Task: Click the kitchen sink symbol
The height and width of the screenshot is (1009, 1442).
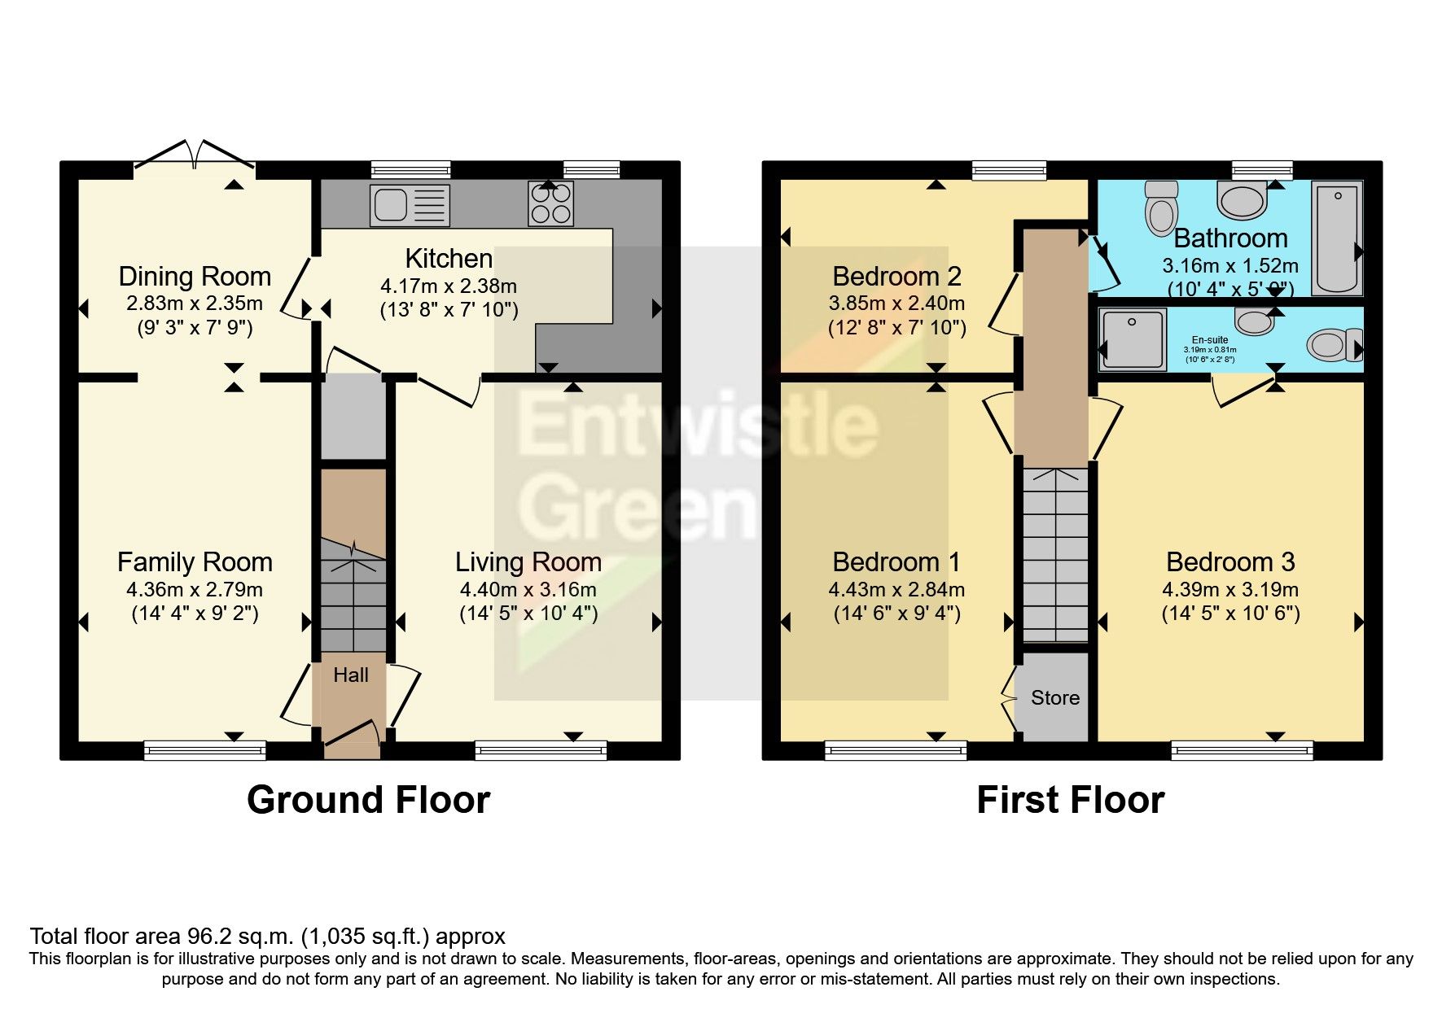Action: (x=409, y=204)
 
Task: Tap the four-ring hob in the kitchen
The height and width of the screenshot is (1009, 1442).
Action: (x=551, y=203)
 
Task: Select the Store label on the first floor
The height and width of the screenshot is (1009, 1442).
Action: (x=1055, y=698)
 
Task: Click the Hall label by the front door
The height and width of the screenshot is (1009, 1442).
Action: (x=351, y=675)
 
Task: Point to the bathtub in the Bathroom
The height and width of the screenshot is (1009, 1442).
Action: (x=1336, y=238)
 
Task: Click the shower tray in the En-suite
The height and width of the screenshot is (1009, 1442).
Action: (x=1132, y=339)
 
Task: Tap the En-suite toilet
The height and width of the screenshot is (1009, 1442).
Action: (x=1334, y=344)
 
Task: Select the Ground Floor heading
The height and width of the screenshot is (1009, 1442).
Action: (x=368, y=800)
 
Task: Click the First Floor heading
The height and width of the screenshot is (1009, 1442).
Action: (x=1070, y=800)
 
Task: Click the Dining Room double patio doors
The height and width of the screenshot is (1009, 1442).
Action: (x=195, y=155)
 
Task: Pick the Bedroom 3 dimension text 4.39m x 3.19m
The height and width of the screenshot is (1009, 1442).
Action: (x=1230, y=590)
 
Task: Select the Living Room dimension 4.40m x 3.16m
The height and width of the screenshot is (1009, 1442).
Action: (x=528, y=590)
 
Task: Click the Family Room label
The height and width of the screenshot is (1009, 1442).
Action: (x=195, y=562)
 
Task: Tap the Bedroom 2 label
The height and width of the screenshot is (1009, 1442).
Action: (x=896, y=277)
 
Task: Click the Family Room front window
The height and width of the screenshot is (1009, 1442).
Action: (x=204, y=749)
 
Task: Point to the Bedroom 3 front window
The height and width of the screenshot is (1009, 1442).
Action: (x=1242, y=749)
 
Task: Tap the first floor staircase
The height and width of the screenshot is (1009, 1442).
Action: (x=1055, y=553)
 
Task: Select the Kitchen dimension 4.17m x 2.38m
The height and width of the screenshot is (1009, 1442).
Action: (x=449, y=286)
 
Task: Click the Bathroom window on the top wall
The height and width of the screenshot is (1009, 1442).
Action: (x=1261, y=170)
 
